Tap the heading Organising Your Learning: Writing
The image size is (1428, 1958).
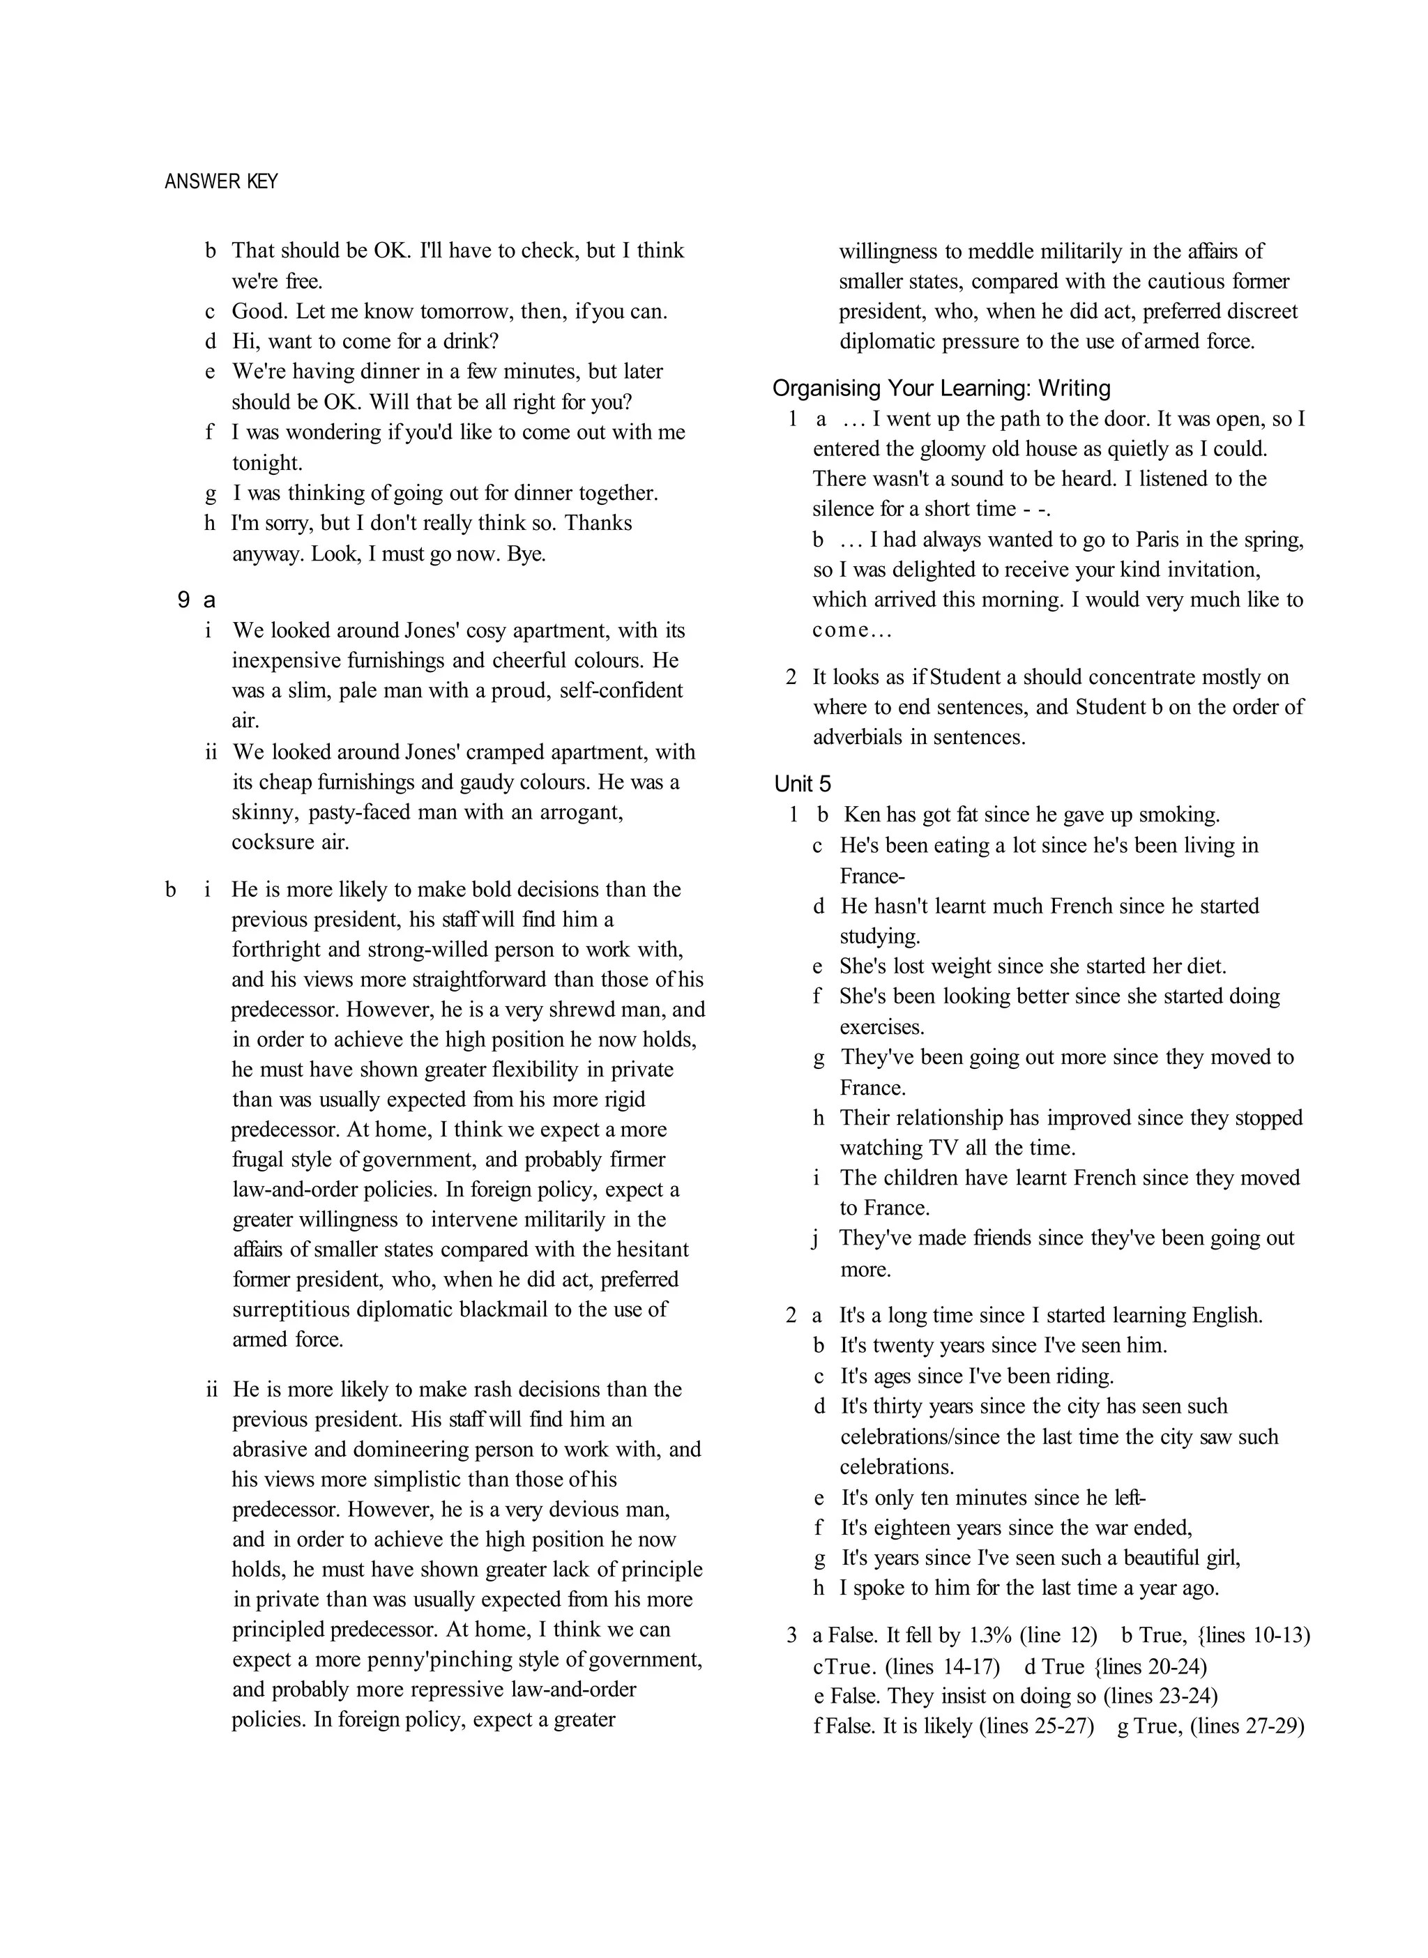pos(941,388)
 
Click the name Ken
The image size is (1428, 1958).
pos(860,814)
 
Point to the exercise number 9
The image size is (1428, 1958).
pos(183,600)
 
